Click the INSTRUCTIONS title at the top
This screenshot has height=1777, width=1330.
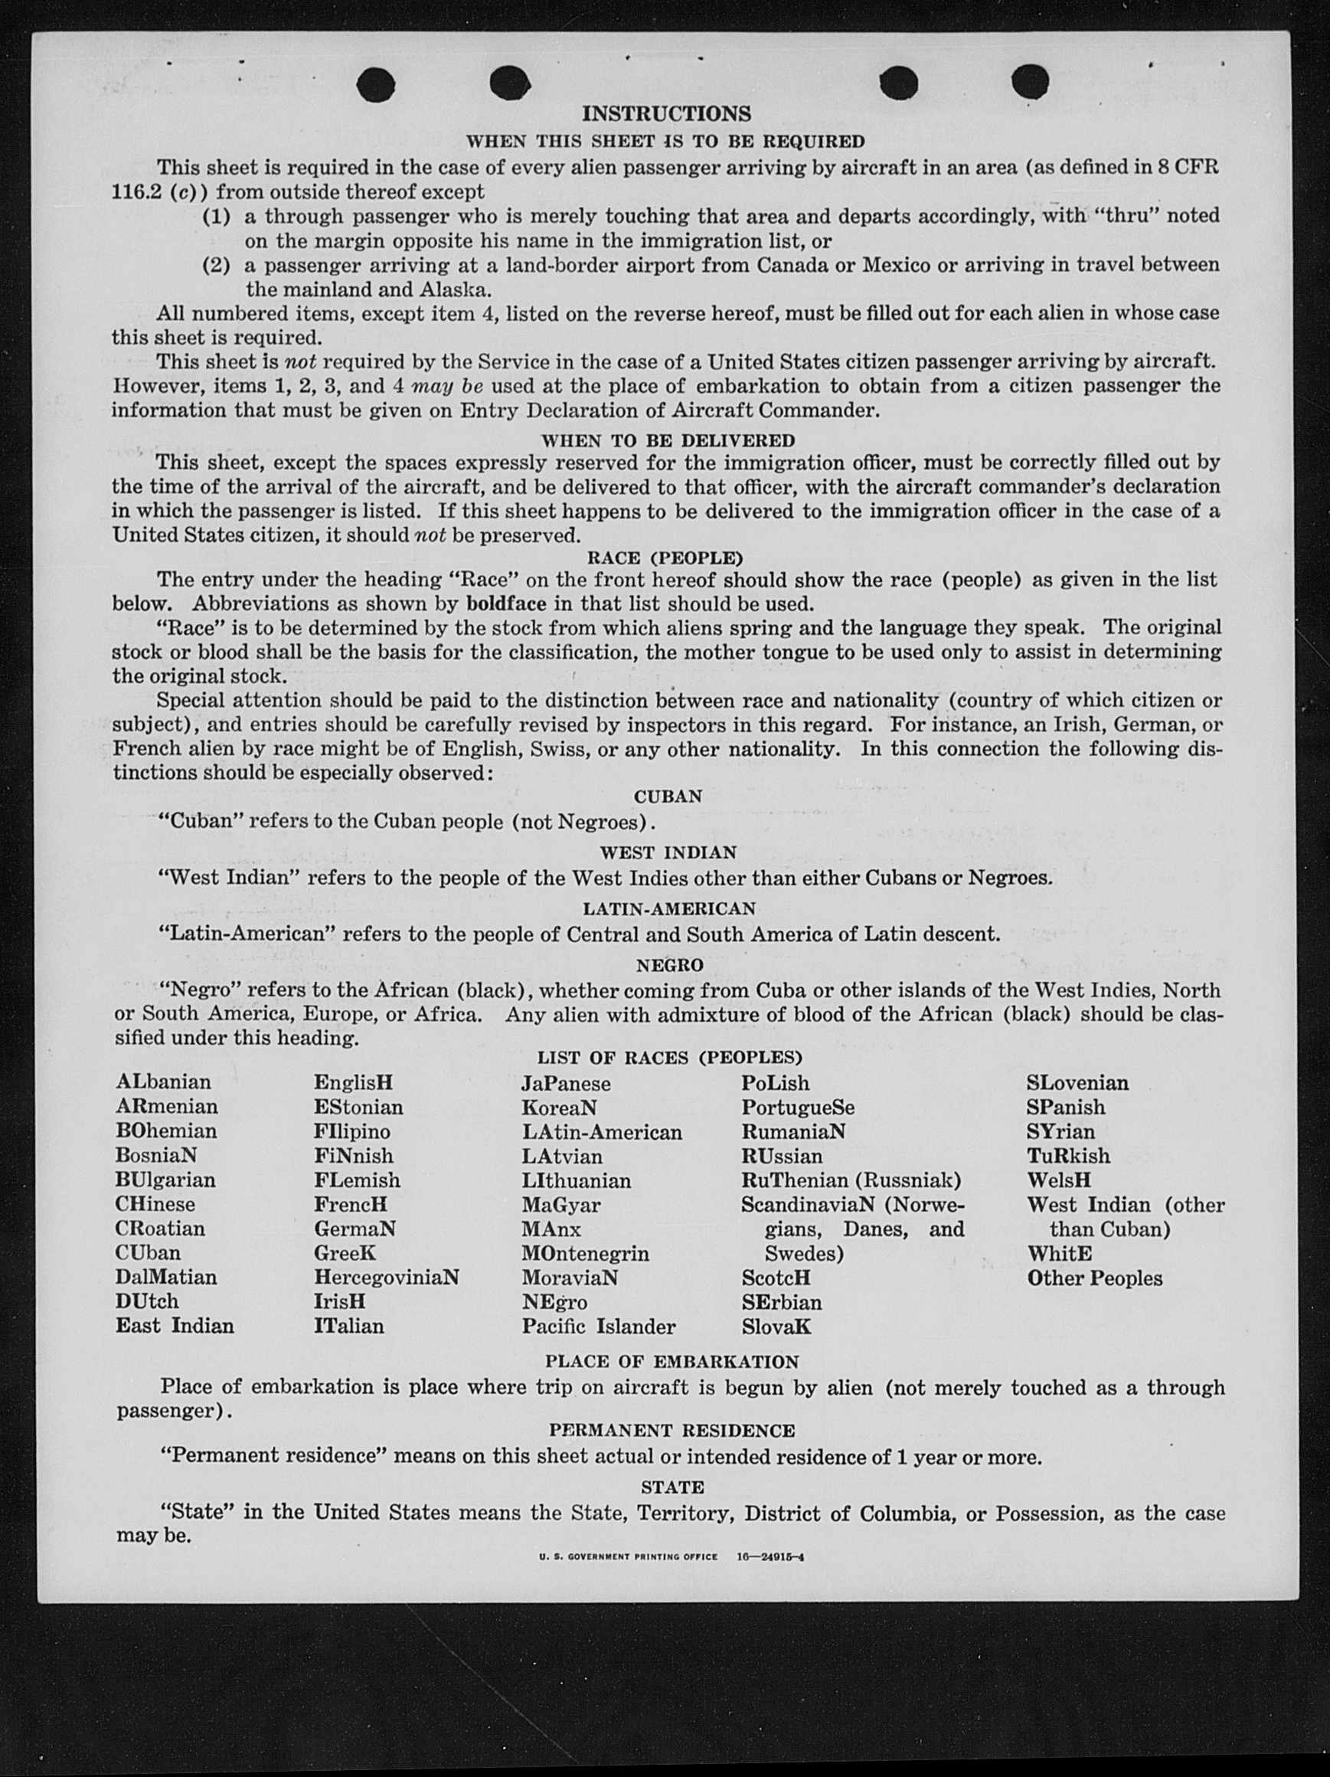(666, 114)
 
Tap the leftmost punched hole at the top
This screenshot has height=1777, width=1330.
(376, 83)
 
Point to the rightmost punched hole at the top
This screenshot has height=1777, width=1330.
(1030, 81)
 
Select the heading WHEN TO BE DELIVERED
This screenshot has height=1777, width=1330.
(668, 440)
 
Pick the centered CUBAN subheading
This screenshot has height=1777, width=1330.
(668, 796)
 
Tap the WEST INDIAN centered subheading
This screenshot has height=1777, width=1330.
(668, 852)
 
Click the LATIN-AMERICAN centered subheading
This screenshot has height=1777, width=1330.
(668, 908)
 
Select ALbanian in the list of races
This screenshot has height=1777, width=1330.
(163, 1082)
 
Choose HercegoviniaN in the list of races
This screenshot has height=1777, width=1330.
(387, 1277)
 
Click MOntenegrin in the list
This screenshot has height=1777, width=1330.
(585, 1253)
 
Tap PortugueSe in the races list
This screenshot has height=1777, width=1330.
(798, 1107)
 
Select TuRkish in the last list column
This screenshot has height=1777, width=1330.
(1068, 1155)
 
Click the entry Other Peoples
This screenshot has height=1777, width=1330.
(1094, 1278)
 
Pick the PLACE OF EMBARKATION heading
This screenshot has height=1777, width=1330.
(672, 1362)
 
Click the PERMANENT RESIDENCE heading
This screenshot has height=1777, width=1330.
(672, 1430)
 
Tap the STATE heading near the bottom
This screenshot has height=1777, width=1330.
(672, 1487)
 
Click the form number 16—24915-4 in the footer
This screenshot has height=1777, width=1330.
(770, 1556)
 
